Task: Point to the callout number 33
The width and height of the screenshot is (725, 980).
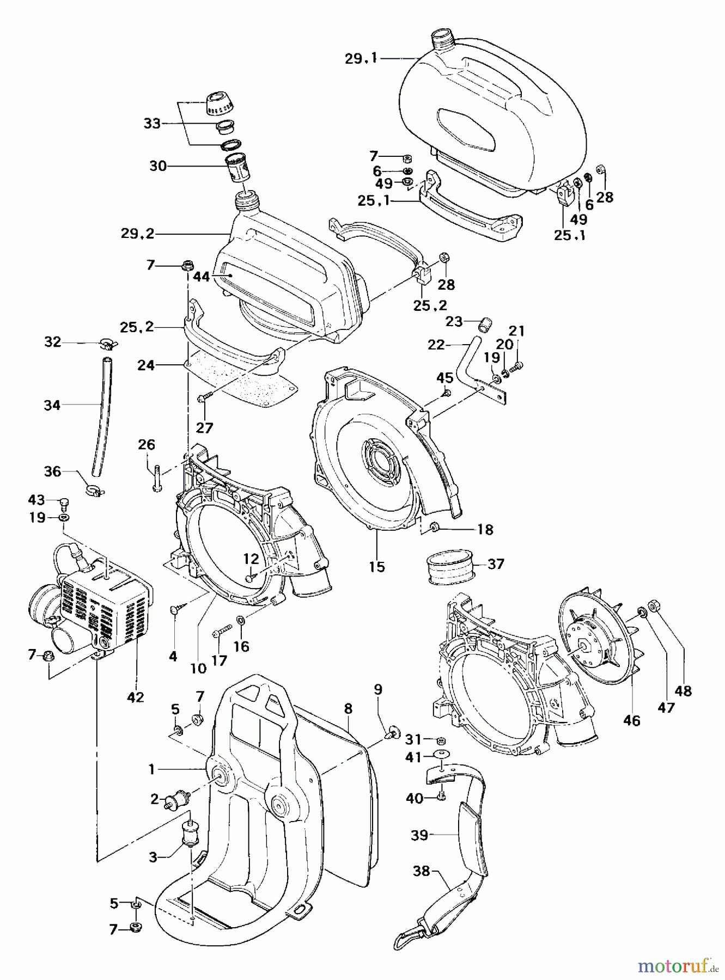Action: click(152, 124)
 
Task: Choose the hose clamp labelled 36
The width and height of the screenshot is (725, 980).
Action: click(95, 491)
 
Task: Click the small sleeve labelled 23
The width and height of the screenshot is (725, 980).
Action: click(484, 325)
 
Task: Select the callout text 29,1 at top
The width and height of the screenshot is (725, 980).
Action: click(362, 59)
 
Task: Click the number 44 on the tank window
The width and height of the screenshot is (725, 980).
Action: click(201, 277)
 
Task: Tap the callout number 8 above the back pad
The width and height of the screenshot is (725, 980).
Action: click(348, 708)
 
